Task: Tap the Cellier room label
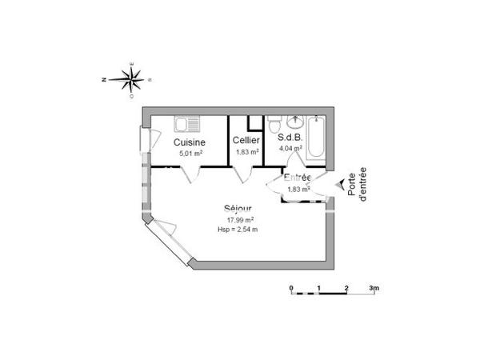[246, 141]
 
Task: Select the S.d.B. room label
[290, 137]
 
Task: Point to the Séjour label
[239, 210]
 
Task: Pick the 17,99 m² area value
[239, 220]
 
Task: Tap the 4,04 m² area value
[289, 147]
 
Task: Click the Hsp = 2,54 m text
[238, 230]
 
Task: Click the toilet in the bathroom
[274, 125]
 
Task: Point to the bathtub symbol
[315, 138]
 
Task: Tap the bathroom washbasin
[294, 122]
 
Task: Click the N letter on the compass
[105, 79]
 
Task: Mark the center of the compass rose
[132, 78]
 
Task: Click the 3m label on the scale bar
[373, 286]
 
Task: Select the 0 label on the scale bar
[291, 286]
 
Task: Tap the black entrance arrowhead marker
[340, 185]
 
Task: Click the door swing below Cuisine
[187, 174]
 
